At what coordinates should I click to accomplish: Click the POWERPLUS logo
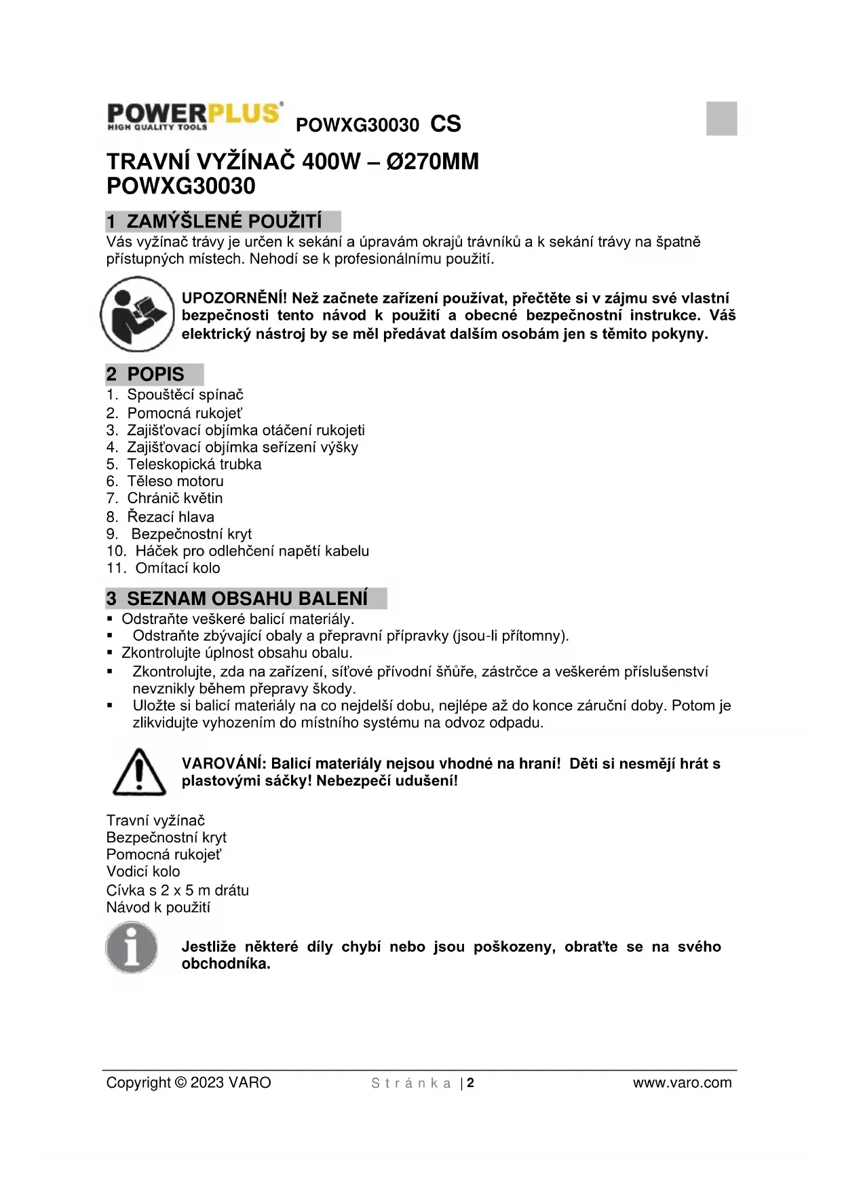pyautogui.click(x=194, y=116)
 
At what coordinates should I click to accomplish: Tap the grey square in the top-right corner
pyautogui.click(x=721, y=118)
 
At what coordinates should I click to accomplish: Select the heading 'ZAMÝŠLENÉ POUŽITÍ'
pyautogui.click(x=224, y=222)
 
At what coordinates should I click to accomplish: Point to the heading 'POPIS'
pyautogui.click(x=155, y=374)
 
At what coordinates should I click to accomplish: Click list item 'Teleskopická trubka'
pyautogui.click(x=194, y=464)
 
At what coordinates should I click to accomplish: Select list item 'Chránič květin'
pyautogui.click(x=175, y=498)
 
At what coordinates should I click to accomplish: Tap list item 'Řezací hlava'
pyautogui.click(x=171, y=517)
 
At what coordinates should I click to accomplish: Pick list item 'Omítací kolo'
pyautogui.click(x=178, y=568)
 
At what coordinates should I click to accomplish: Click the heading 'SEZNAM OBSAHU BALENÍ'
pyautogui.click(x=247, y=599)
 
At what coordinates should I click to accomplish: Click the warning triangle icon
pyautogui.click(x=139, y=772)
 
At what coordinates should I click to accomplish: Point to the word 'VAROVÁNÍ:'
pyautogui.click(x=224, y=764)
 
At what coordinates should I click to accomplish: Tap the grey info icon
pyautogui.click(x=132, y=947)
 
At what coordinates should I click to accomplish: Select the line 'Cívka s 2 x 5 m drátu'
pyautogui.click(x=178, y=890)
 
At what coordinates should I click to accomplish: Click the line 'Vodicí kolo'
pyautogui.click(x=143, y=872)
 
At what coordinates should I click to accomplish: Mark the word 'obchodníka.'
pyautogui.click(x=226, y=964)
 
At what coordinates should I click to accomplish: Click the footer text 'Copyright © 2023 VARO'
pyautogui.click(x=189, y=1083)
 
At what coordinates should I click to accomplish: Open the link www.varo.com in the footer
pyautogui.click(x=682, y=1083)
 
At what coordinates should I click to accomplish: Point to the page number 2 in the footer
pyautogui.click(x=470, y=1083)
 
